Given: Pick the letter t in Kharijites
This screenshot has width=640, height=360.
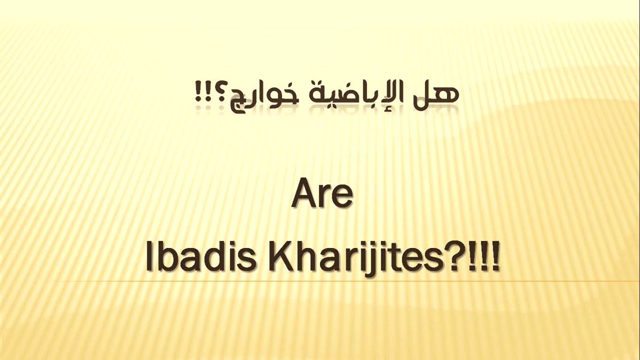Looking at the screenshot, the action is click(394, 257).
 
